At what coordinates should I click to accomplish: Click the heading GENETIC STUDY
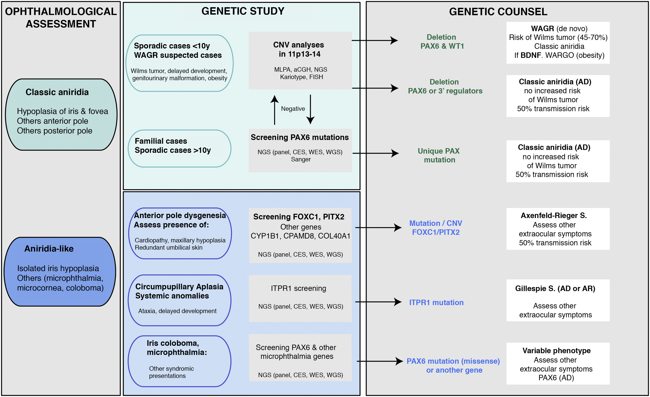243,11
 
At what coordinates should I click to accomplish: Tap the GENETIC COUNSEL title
498,12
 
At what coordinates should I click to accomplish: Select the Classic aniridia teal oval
61,115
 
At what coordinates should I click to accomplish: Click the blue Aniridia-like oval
60,272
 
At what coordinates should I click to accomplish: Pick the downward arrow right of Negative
310,110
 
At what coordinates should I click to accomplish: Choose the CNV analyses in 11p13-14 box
300,61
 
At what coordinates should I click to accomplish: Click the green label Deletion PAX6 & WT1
442,42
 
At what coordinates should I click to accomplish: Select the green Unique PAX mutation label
439,155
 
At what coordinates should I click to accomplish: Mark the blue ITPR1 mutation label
436,302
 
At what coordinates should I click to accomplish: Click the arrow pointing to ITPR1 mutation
378,302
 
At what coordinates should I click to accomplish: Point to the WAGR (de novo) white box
558,43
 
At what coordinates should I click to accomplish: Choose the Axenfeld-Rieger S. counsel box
558,229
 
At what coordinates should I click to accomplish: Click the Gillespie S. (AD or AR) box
558,300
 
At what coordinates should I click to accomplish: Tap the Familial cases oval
179,148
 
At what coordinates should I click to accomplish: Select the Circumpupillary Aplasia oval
179,300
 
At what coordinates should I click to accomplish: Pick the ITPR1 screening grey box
300,298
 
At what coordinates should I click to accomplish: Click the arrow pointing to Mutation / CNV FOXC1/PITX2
378,227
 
